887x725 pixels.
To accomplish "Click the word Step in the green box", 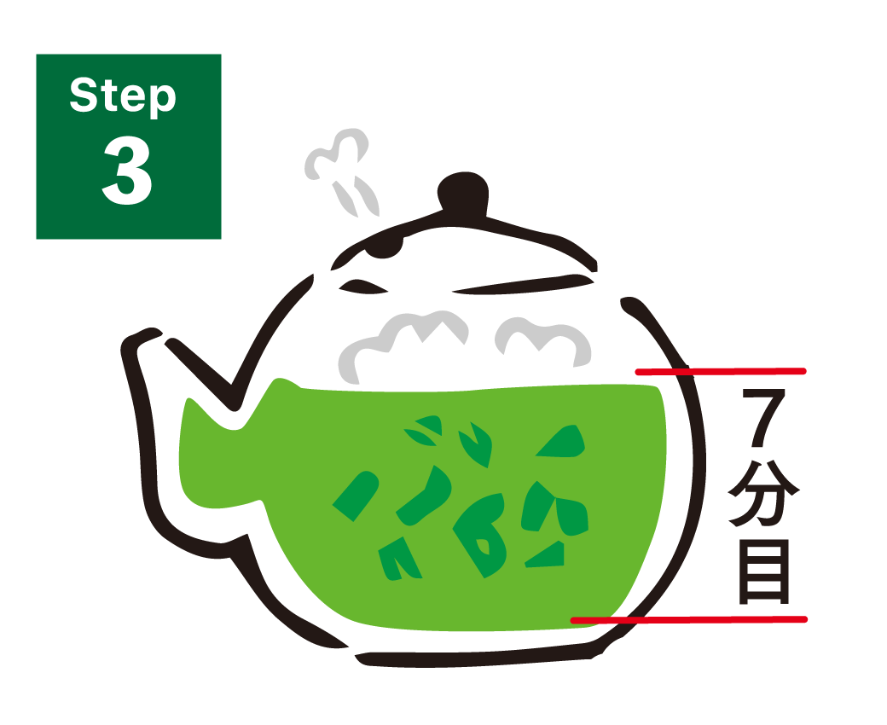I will (x=123, y=96).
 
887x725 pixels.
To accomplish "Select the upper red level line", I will (x=721, y=371).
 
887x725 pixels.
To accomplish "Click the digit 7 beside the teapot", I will (x=762, y=418).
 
